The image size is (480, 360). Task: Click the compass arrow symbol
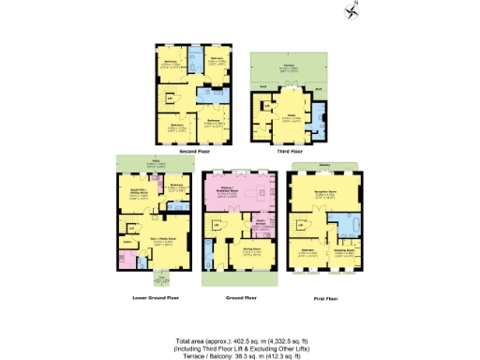(352, 11)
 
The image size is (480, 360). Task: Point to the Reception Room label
(325, 191)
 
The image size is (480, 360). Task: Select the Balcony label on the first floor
(324, 164)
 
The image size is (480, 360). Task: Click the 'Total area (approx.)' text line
(239, 330)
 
